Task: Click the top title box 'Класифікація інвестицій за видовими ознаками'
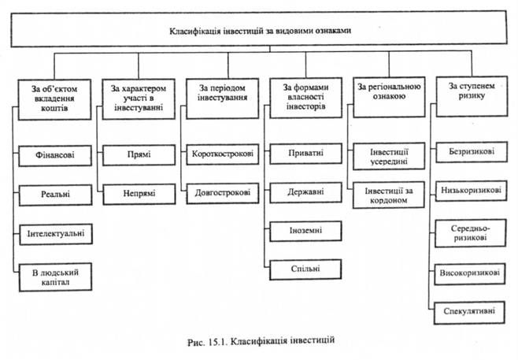click(x=259, y=32)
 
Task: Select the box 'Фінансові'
click(x=54, y=154)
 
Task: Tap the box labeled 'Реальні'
click(x=54, y=193)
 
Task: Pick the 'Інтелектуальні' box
click(x=54, y=233)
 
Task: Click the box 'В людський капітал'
click(x=54, y=276)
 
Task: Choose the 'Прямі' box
click(x=139, y=154)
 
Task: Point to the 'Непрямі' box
click(x=139, y=191)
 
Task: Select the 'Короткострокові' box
click(x=222, y=154)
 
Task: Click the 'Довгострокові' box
click(x=222, y=191)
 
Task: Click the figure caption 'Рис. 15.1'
click(x=258, y=341)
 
